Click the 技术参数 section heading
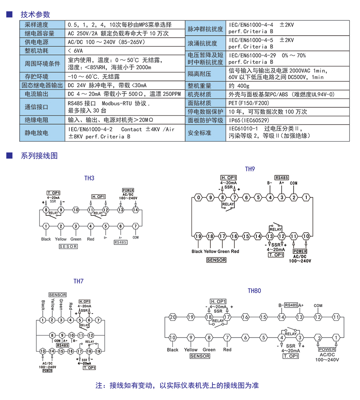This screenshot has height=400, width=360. (35, 15)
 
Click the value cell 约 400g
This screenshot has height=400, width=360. (239, 86)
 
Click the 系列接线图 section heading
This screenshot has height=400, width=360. (39, 156)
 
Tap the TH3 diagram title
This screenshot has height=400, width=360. (89, 178)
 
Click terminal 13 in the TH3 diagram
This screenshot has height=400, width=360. (120, 210)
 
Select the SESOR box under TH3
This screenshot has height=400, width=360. (68, 247)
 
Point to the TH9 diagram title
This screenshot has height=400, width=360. (250, 169)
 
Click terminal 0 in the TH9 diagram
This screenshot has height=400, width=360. (198, 197)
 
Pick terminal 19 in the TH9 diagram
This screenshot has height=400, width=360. (198, 236)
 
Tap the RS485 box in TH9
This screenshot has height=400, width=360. (282, 177)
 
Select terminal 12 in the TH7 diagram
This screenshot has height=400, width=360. (91, 335)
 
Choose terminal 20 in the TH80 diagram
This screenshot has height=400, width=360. (172, 317)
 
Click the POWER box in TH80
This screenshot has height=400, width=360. (327, 350)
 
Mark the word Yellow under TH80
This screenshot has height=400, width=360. (191, 350)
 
